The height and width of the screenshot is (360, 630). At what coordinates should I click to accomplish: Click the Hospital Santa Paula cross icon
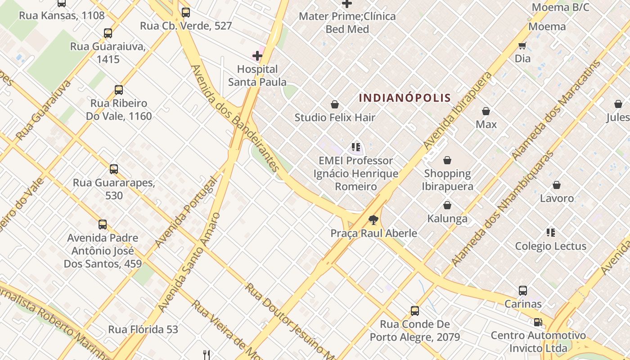tap(257, 56)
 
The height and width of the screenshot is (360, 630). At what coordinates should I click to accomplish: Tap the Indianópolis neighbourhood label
tap(405, 98)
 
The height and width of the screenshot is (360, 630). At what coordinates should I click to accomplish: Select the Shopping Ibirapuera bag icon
tap(447, 160)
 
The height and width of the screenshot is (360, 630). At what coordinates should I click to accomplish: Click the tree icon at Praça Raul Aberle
tap(373, 220)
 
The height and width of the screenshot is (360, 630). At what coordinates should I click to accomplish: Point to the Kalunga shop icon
tap(447, 205)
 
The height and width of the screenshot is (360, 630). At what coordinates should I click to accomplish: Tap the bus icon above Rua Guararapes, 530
tap(114, 169)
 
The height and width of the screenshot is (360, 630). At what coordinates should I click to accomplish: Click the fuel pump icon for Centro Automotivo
tap(538, 322)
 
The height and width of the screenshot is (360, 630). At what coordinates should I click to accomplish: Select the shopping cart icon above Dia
tap(522, 45)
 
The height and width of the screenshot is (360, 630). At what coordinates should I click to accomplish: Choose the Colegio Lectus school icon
tap(551, 233)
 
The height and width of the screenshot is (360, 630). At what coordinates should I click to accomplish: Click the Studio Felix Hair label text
tap(335, 118)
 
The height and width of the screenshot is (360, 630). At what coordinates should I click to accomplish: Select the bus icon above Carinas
tap(522, 291)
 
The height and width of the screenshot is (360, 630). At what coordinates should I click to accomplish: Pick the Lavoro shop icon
tap(557, 185)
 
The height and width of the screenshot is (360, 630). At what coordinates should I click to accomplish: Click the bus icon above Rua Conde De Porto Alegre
tap(415, 310)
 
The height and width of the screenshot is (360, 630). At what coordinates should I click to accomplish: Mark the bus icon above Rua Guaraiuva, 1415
tap(108, 33)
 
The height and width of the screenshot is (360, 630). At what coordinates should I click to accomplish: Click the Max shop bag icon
tap(486, 111)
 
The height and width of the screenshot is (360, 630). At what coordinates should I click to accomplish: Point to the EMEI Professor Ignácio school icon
tap(356, 147)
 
